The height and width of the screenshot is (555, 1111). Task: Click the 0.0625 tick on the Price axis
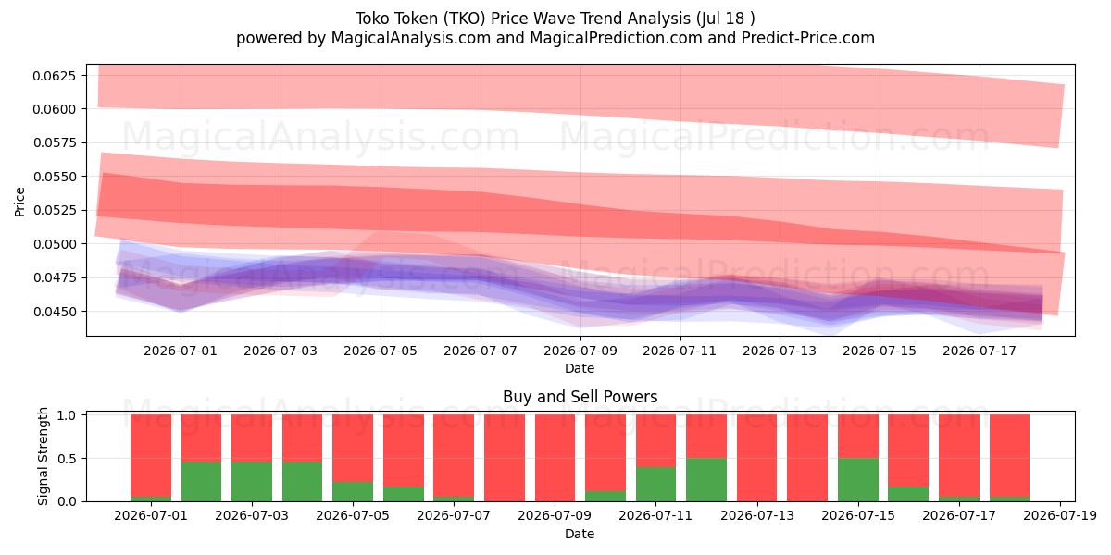(x=54, y=76)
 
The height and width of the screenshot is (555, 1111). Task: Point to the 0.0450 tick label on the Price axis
(x=54, y=312)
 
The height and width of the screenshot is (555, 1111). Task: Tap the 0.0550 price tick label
(x=54, y=177)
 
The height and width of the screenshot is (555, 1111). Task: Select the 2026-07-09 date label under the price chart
(x=580, y=351)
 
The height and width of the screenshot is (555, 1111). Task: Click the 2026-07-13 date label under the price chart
(x=780, y=351)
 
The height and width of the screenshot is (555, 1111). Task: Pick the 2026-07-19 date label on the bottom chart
(x=1060, y=515)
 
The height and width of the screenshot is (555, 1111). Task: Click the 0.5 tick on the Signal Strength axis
(x=67, y=459)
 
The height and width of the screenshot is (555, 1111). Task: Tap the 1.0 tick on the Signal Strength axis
(x=67, y=415)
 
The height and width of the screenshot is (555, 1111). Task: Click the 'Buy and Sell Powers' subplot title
(x=580, y=397)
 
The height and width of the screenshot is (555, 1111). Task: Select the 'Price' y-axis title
(x=19, y=202)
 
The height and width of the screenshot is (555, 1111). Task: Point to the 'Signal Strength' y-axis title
(x=44, y=456)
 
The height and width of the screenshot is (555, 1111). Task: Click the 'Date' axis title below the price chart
(x=580, y=368)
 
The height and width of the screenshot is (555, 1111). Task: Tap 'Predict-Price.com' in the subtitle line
(x=808, y=38)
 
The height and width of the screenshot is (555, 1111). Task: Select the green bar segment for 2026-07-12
(x=706, y=480)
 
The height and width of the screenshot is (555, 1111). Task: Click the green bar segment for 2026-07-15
(x=858, y=480)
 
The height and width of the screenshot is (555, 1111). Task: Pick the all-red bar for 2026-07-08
(x=505, y=459)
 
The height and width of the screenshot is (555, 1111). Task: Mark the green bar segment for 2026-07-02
(x=202, y=482)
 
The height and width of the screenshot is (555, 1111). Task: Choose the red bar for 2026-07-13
(x=757, y=459)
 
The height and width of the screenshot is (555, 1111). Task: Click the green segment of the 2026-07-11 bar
(x=655, y=484)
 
